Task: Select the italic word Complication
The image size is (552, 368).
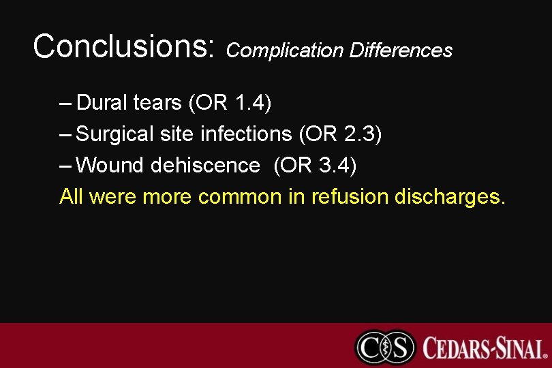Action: tap(285, 50)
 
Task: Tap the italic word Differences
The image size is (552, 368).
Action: tap(401, 50)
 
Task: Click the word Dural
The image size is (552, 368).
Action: tap(102, 103)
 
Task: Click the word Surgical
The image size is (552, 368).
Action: tap(116, 134)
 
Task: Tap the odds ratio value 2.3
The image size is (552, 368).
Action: tap(359, 134)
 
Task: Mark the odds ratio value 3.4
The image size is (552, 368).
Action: tap(334, 166)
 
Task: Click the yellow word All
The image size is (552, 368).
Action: tap(72, 197)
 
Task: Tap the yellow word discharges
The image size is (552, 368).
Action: tap(450, 197)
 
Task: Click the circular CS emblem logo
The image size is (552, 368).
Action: tap(385, 347)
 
